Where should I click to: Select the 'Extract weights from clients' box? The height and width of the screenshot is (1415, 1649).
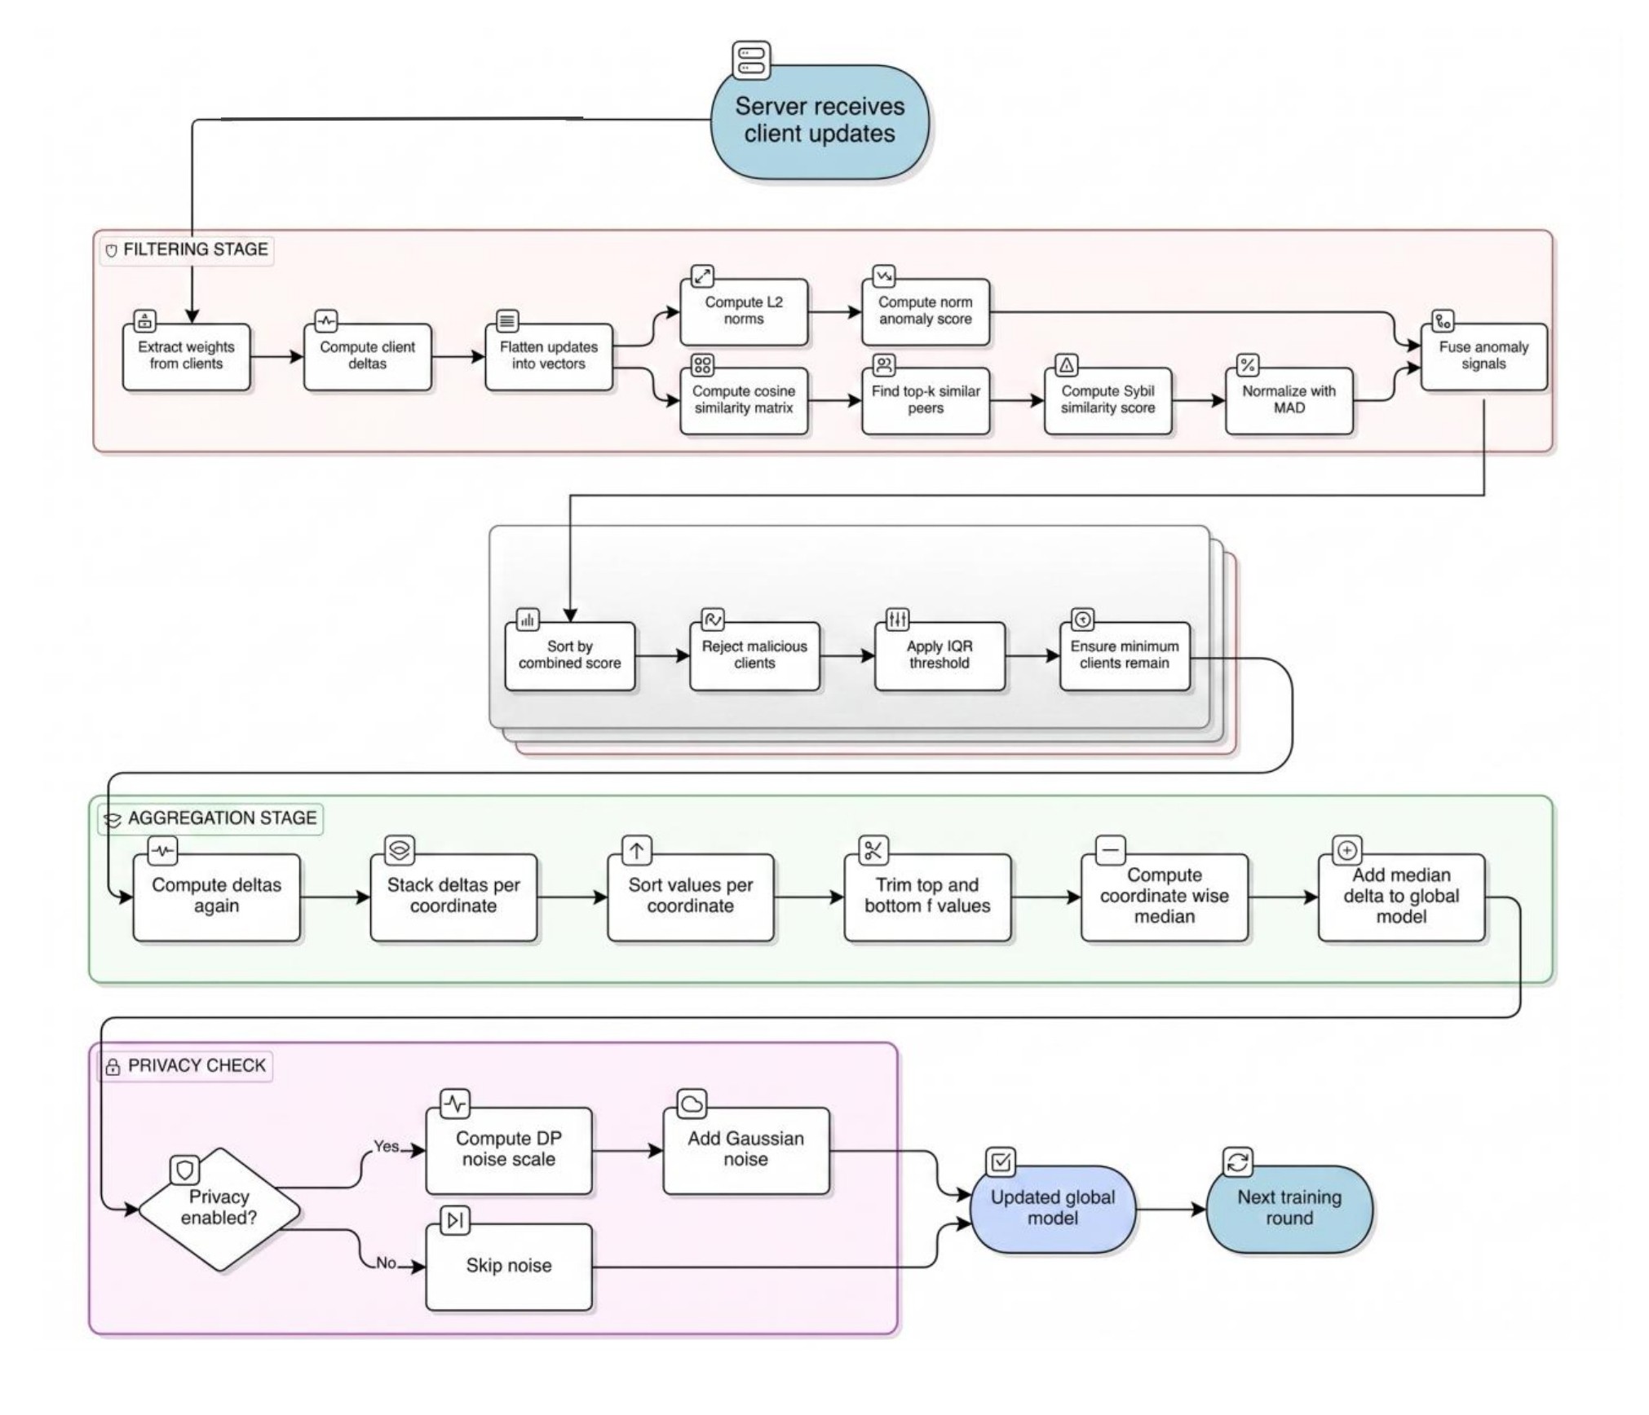[x=186, y=356]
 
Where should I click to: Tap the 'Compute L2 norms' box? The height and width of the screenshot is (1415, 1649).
[x=743, y=311]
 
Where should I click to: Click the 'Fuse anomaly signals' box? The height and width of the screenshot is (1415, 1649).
[x=1483, y=356]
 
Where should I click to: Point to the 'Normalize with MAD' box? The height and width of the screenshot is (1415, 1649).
[x=1289, y=400]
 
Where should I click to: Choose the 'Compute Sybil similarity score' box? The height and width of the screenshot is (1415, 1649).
[x=1107, y=400]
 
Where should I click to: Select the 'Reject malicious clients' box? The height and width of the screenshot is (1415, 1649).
[x=754, y=655]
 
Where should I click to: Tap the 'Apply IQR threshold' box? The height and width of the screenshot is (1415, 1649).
[x=939, y=655]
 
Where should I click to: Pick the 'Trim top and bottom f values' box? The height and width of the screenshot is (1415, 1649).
[x=926, y=897]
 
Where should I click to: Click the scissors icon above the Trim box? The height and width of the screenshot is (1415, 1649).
[x=873, y=851]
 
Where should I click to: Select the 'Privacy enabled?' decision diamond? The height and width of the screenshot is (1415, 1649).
[x=219, y=1209]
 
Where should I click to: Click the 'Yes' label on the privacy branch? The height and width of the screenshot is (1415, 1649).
[x=386, y=1147]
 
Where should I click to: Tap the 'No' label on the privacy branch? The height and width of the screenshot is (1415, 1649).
[x=386, y=1263]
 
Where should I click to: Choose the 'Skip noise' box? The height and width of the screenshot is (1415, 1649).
[x=508, y=1266]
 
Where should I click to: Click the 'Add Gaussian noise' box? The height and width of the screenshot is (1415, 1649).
[x=745, y=1149]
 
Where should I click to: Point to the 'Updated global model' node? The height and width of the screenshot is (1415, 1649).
[x=1052, y=1209]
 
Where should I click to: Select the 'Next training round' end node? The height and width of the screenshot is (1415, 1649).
[x=1289, y=1209]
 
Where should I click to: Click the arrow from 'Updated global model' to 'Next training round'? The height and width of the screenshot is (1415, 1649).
[x=1170, y=1210]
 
